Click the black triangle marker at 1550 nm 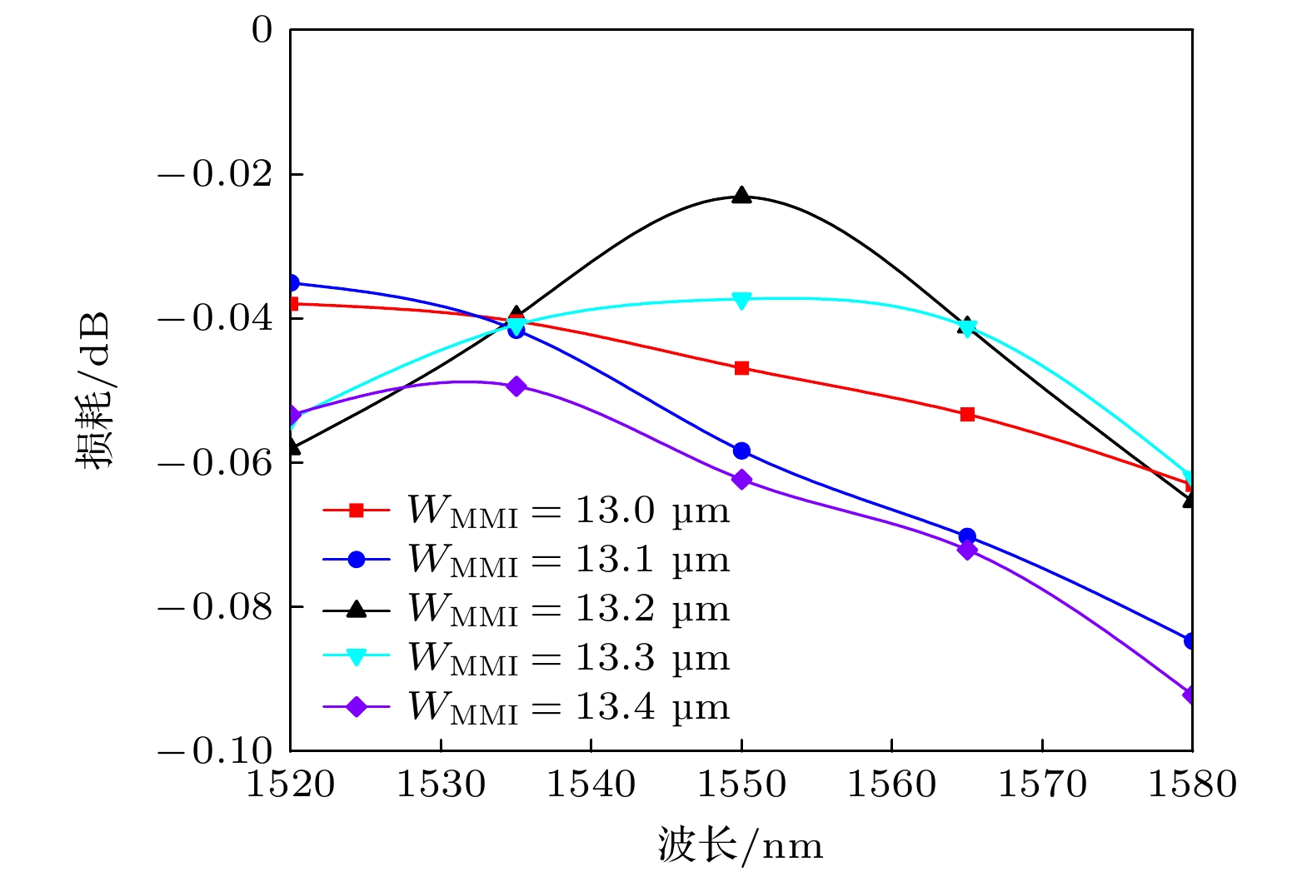(741, 197)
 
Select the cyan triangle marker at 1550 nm (741, 300)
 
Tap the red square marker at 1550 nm (741, 368)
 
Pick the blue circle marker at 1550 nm (741, 451)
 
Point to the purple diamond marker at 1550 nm (741, 480)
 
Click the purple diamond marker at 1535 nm (516, 386)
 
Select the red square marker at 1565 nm (967, 414)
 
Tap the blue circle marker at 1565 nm (967, 536)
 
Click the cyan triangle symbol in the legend (357, 658)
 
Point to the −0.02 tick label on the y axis (215, 174)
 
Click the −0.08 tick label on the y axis (215, 607)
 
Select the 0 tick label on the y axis (262, 31)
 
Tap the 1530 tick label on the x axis (440, 785)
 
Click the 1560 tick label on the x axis (891, 785)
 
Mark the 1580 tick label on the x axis (1192, 785)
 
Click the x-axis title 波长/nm (741, 845)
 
